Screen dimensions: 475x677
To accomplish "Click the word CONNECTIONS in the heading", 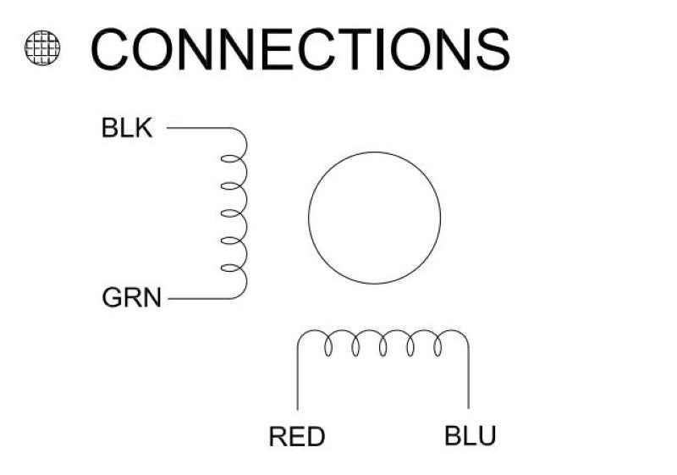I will (x=300, y=49).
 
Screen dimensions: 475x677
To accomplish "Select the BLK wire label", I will (x=127, y=130).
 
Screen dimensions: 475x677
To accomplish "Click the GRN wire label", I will (x=131, y=299).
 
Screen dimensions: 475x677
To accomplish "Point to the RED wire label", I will (x=297, y=437).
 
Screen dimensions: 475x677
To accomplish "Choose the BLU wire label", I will (x=470, y=437).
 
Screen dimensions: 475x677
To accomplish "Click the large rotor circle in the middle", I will (x=374, y=218).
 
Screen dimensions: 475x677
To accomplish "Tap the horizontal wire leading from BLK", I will (x=199, y=129).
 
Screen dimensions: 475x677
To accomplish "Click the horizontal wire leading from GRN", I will (x=199, y=298).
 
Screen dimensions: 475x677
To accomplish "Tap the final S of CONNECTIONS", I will (x=489, y=49).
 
